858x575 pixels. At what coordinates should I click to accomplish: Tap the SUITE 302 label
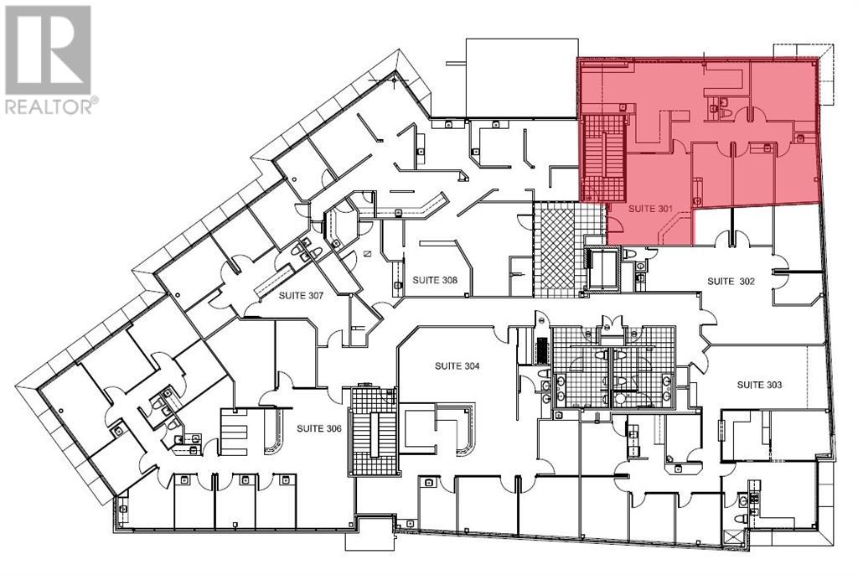point(732,281)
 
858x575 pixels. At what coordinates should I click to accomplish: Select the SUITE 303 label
point(759,385)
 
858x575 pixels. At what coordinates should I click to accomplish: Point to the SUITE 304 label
point(457,365)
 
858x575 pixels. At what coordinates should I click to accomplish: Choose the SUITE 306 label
point(319,427)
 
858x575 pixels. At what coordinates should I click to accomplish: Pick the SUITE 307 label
point(302,295)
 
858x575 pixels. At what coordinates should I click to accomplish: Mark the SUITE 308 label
point(436,280)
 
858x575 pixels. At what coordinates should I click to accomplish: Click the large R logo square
point(48,49)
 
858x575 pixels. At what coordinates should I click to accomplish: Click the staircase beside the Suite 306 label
point(372,433)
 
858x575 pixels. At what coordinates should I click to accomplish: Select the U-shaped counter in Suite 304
point(438,427)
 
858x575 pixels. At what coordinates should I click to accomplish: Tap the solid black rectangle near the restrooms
point(541,346)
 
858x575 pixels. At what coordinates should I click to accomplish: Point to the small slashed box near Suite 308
point(366,253)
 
